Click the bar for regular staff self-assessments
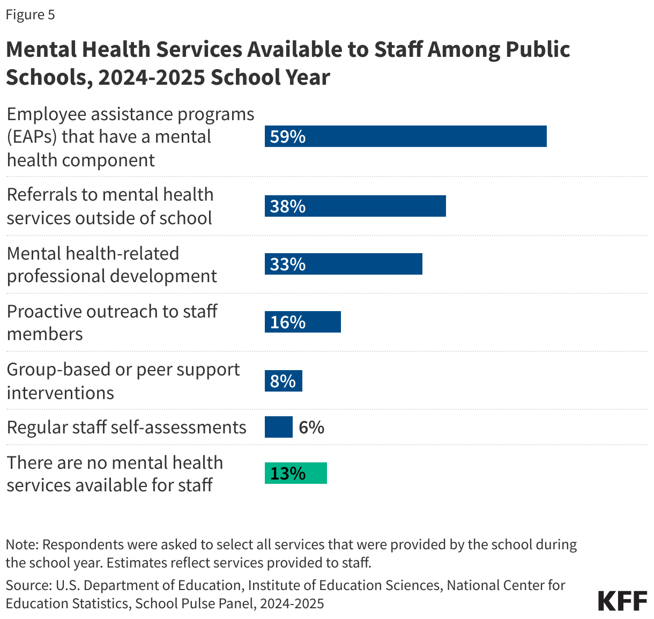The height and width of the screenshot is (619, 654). pos(278,427)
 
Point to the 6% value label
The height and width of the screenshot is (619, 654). pos(311,428)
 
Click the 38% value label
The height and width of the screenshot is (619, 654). pos(288,207)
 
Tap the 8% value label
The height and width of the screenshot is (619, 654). pos(283,381)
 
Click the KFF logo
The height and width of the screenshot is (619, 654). pos(622,601)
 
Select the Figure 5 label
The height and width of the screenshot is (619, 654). pos(31,14)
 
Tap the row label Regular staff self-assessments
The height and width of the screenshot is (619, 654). pos(127,428)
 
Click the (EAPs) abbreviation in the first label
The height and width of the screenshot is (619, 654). pos(32,137)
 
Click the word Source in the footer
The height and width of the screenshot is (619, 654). pos(27,585)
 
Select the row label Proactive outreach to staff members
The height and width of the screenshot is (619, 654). pos(112,322)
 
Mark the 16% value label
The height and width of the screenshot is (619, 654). pos(288,322)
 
